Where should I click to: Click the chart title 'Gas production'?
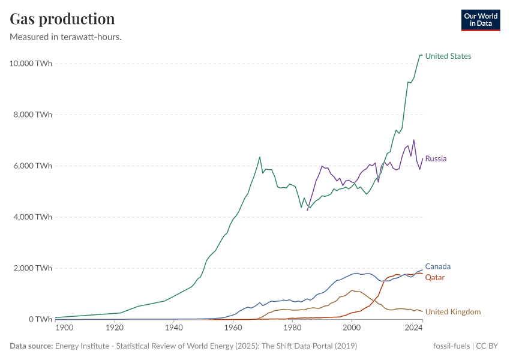coord(62,19)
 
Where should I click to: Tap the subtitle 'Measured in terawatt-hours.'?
coord(66,37)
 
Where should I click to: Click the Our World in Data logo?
coord(480,20)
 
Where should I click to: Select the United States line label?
coord(448,56)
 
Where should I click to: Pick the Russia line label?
coord(436,159)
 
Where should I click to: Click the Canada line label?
coord(437,266)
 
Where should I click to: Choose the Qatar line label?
coord(435,278)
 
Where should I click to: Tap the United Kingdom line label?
coord(453,312)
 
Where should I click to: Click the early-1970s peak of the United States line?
coord(259,157)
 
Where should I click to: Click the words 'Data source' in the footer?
coord(31,346)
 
